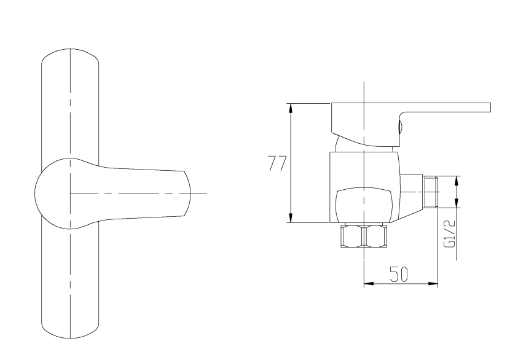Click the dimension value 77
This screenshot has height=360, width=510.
pyautogui.click(x=277, y=163)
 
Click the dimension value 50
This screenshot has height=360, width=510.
pyautogui.click(x=398, y=274)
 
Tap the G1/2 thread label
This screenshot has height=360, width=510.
pyautogui.click(x=450, y=234)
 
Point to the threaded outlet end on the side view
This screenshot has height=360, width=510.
pyautogui.click(x=431, y=192)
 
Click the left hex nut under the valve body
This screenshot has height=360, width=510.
pyautogui.click(x=352, y=236)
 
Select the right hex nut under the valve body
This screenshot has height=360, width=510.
pyautogui.click(x=377, y=236)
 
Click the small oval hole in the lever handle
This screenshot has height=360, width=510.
pyautogui.click(x=401, y=127)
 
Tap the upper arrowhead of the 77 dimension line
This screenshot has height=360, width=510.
pyautogui.click(x=291, y=108)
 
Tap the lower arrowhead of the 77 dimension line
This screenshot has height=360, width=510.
pyautogui.click(x=291, y=218)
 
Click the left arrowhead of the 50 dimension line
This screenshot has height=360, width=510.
pyautogui.click(x=368, y=284)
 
